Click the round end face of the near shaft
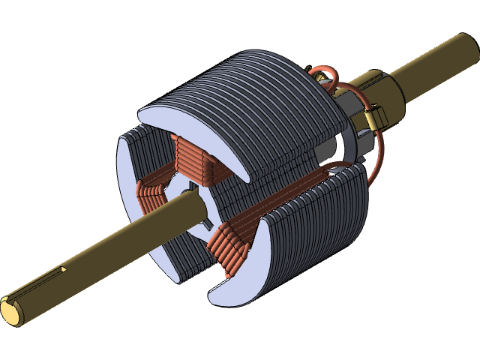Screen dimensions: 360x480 [10, 310]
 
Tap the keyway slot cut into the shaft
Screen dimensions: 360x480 [64, 268]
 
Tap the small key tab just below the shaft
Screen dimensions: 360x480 [204, 223]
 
